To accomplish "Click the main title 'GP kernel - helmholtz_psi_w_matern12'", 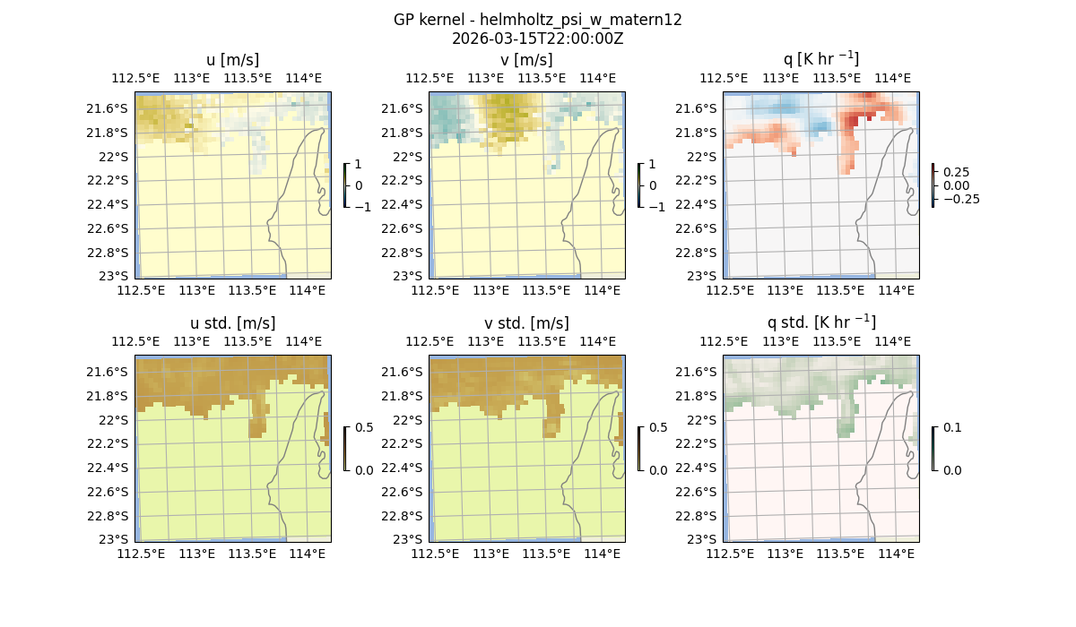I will tap(537, 20).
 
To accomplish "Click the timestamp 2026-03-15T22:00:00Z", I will tap(537, 39).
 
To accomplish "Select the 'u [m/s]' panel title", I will tap(232, 60).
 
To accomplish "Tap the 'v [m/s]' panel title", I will tap(526, 60).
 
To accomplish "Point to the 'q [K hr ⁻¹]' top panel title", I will tap(820, 59).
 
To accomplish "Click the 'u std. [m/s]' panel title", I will tap(232, 323).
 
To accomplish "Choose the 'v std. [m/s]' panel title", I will tap(526, 323).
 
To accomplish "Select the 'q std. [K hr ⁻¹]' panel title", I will tap(820, 322).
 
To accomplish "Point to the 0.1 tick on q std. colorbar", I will tap(950, 427).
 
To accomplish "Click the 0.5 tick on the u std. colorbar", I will tap(364, 427).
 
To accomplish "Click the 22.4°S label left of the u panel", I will tap(112, 204).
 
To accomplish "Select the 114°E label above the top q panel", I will tap(892, 78).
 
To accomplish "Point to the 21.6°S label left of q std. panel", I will tap(700, 372).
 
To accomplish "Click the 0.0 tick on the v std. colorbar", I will tap(658, 470).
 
